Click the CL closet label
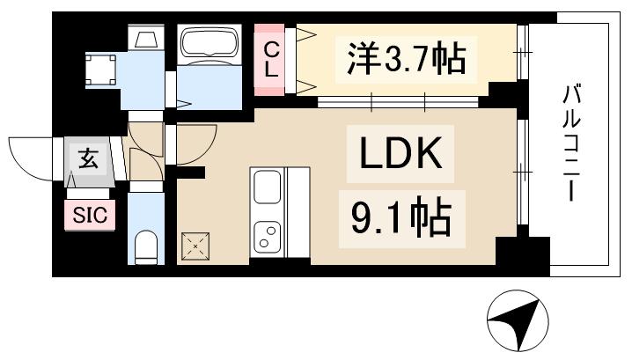point(272,59)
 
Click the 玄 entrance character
point(88,159)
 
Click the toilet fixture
point(145,246)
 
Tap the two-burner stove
point(268,235)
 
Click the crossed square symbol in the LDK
point(195,246)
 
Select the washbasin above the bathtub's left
point(145,40)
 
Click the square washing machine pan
point(100,69)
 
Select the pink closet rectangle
point(273,59)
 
